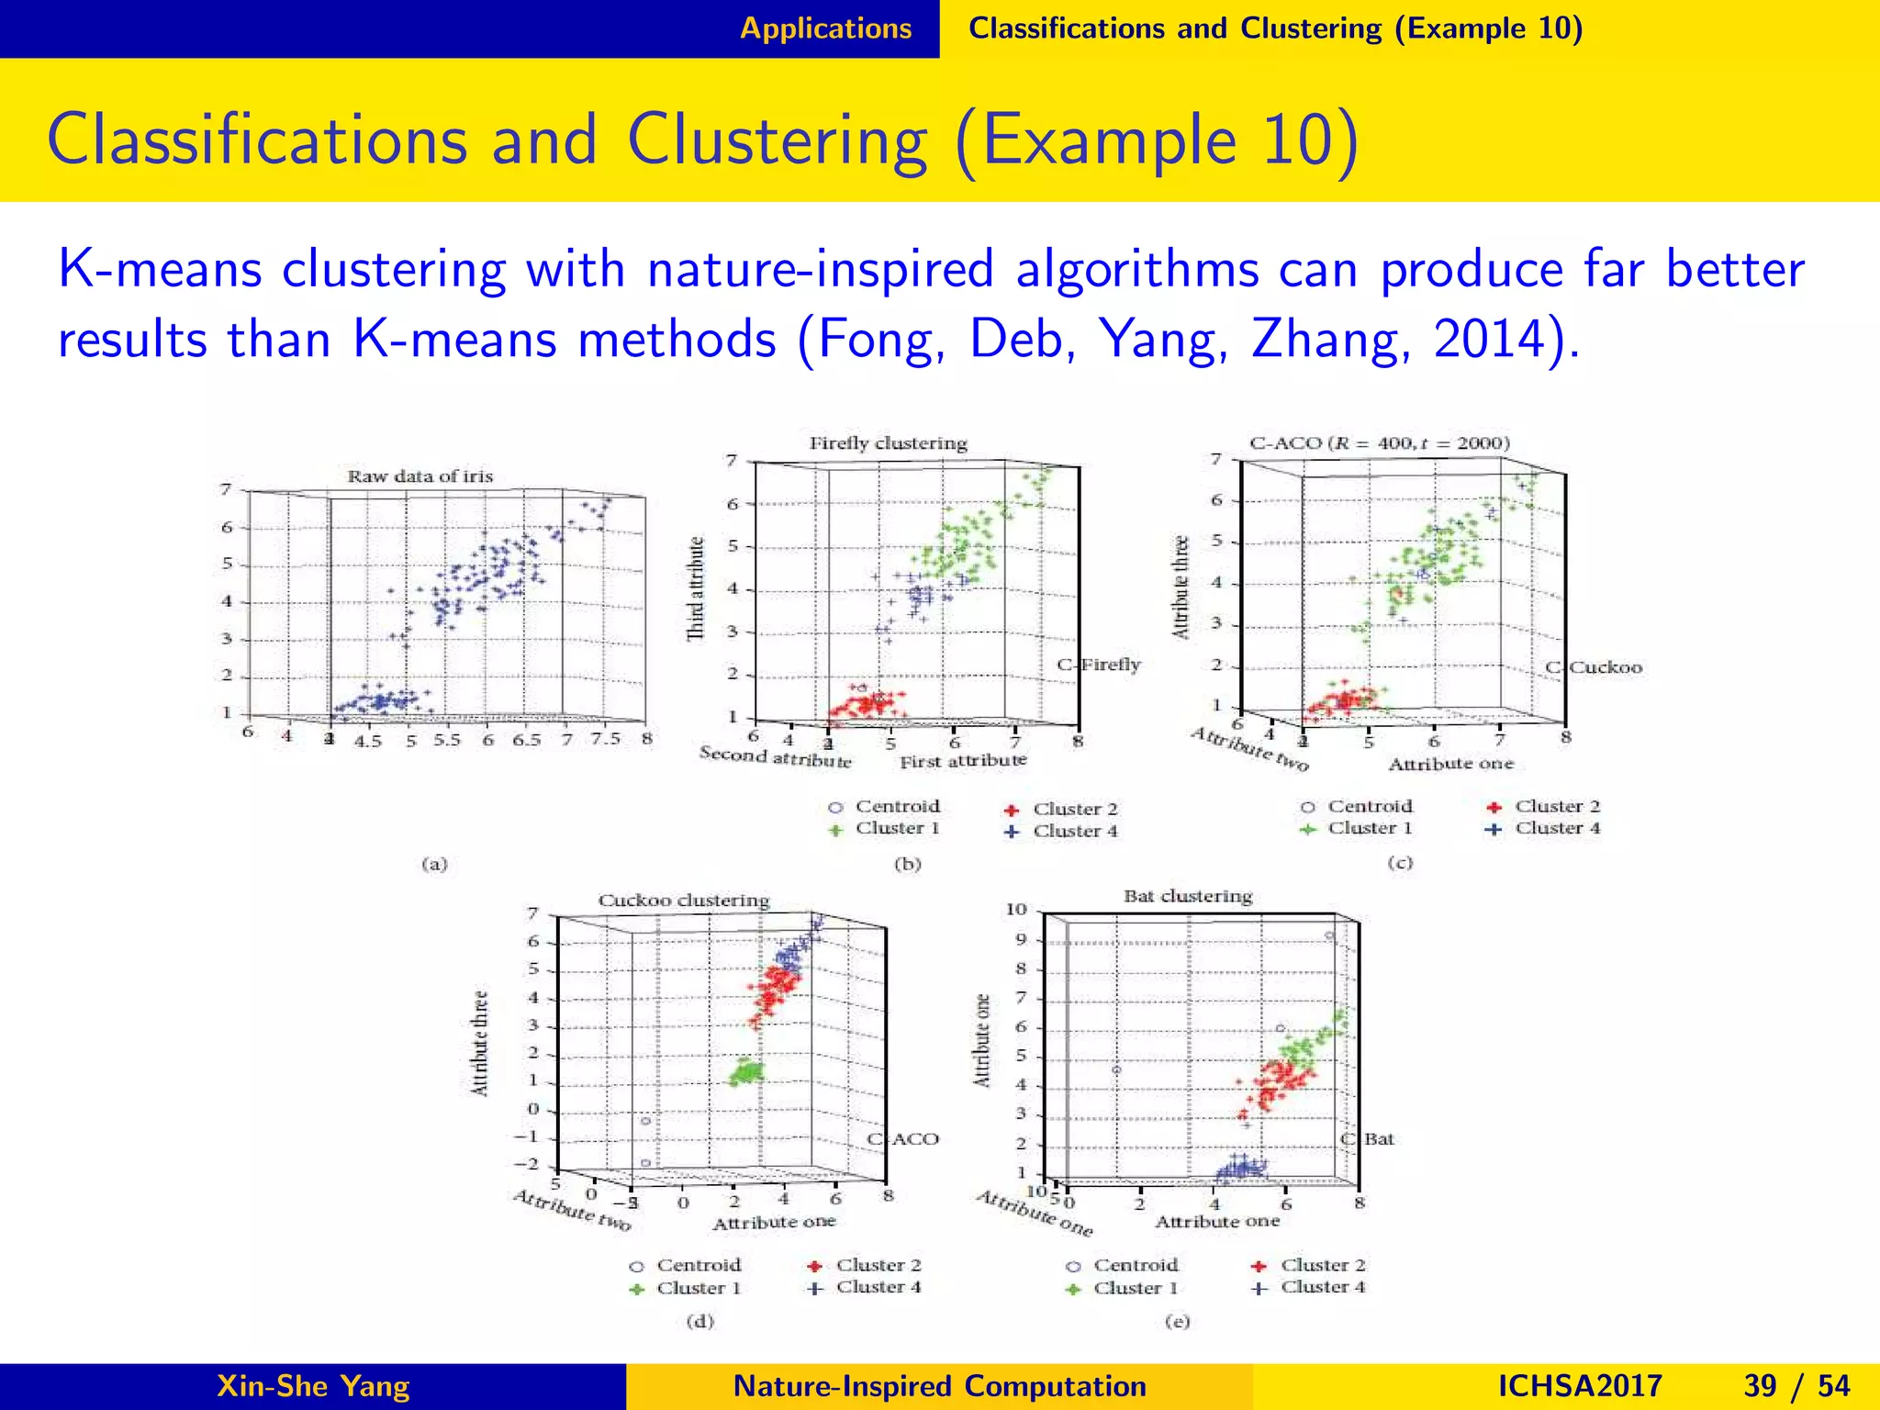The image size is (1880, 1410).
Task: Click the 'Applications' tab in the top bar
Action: tap(825, 28)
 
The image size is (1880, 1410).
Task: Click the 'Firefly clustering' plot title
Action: tap(888, 443)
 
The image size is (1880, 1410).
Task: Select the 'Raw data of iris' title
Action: tap(420, 476)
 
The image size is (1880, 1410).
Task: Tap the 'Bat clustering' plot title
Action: tap(1188, 896)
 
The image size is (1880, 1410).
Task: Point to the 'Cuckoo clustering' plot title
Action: tap(684, 901)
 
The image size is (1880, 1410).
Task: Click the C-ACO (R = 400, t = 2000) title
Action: tap(1379, 443)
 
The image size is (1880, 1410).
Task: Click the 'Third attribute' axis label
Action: tap(696, 588)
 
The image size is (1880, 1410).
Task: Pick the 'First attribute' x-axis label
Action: tap(962, 761)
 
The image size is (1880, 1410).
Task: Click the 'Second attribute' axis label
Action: tap(775, 757)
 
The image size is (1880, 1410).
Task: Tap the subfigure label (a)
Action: tap(434, 864)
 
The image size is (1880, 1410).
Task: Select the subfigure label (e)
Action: tap(1177, 1322)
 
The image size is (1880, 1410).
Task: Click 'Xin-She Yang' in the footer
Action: tap(313, 1386)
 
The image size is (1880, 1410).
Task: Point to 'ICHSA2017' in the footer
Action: tap(1580, 1386)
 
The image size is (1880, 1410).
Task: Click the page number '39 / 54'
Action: tap(1796, 1386)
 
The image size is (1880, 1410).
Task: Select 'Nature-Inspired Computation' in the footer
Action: tap(940, 1386)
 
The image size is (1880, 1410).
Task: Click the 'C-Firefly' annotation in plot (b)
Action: tap(1099, 665)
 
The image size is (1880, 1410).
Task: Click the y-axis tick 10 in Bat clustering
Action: tap(1015, 910)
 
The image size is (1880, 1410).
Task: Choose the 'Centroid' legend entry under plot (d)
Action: tap(698, 1265)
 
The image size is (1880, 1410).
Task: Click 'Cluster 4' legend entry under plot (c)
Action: tap(1557, 828)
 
